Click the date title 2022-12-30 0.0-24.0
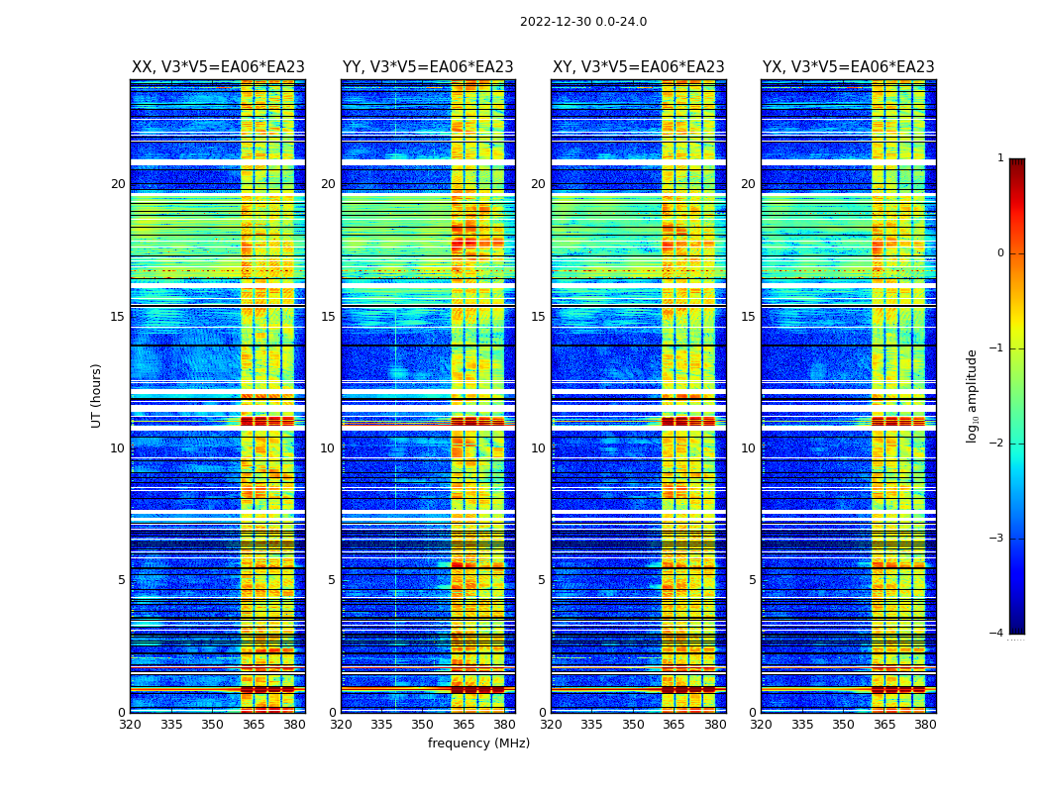583,22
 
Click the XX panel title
218,67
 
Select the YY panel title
428,67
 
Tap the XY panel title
638,67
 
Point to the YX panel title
848,67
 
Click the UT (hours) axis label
97,395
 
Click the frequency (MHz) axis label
478,743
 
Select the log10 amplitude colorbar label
973,395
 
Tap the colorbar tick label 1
1000,158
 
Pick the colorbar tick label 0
1000,253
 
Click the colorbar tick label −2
997,444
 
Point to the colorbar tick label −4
997,634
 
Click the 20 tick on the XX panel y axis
118,184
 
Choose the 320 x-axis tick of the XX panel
130,725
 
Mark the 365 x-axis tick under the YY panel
464,725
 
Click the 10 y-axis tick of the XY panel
538,448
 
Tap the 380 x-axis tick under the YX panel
925,725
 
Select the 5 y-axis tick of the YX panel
752,580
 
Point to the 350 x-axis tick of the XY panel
633,725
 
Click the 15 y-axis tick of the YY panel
328,317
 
